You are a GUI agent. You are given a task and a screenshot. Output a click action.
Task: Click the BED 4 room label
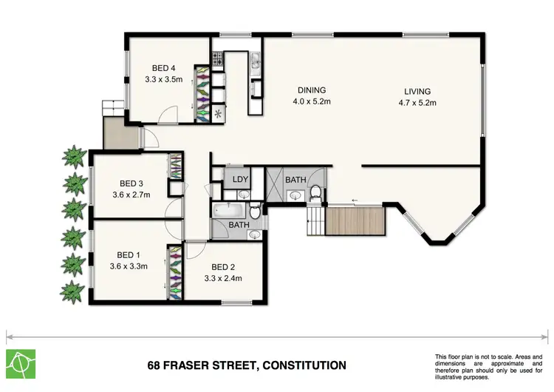154,65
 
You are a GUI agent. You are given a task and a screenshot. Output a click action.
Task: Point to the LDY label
240,179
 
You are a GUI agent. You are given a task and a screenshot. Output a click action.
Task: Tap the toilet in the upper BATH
316,193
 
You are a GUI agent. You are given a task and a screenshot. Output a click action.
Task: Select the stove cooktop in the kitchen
218,58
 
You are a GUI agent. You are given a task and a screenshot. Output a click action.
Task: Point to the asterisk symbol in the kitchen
218,112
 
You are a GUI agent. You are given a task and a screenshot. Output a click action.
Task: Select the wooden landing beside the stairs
355,221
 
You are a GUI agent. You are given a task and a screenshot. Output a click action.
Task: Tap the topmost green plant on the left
74,157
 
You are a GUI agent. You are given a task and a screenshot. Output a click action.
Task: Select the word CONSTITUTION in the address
300,365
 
